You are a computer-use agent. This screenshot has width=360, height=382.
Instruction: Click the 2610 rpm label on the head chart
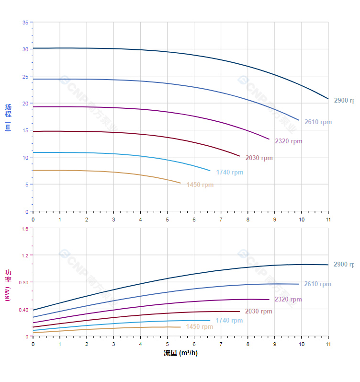pos(318,122)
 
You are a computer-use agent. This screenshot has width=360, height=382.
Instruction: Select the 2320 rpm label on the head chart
pos(288,141)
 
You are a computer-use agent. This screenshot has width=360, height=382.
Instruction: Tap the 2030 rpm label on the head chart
pos(259,158)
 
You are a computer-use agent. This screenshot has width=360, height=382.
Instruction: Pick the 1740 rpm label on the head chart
pos(229,173)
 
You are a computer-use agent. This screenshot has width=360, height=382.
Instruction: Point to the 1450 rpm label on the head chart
pos(200,185)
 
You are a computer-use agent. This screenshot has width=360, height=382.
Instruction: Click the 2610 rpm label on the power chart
pos(318,284)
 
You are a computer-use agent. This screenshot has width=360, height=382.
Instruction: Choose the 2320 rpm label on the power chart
pos(288,300)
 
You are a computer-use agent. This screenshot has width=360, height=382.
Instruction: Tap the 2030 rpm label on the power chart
pos(259,312)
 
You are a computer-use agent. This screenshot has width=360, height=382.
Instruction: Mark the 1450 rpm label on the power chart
pos(200,327)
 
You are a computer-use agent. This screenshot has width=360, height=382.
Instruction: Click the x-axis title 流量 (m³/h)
pos(180,353)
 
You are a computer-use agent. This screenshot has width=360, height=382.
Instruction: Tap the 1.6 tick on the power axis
pos(24,229)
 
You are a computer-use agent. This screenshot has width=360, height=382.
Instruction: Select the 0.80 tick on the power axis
pos(23,282)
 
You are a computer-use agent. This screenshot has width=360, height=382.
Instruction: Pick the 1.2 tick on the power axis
pos(24,255)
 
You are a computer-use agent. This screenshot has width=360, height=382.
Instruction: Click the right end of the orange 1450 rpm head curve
pos(180,183)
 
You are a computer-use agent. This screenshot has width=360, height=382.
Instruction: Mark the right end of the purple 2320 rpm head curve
pos(269,139)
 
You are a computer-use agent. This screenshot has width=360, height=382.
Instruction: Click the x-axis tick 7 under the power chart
pos(221,344)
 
